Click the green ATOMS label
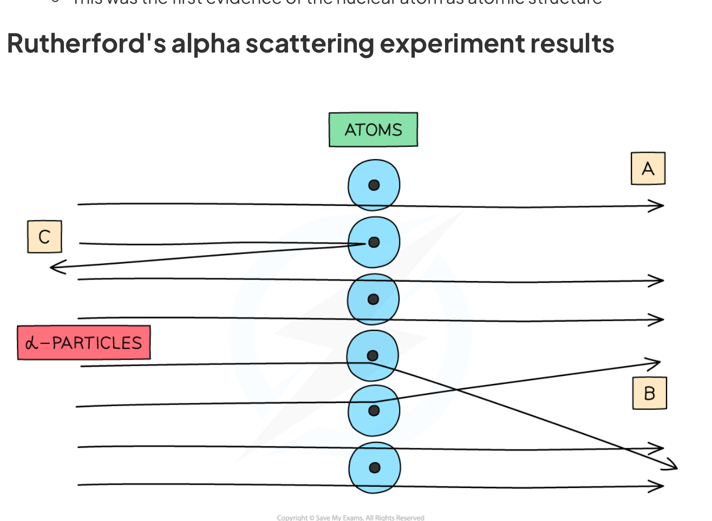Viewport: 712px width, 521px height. pos(373,129)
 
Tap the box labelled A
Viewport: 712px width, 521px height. pos(648,169)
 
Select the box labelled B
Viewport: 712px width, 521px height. pos(649,393)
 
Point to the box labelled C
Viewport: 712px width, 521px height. pos(44,237)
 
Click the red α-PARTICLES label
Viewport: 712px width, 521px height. pos(84,343)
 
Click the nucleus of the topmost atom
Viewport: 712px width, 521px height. pos(374,185)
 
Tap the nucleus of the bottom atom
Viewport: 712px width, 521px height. pos(374,468)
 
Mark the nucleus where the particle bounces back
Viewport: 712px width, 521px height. pos(374,242)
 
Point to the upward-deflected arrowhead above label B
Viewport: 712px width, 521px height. pos(654,363)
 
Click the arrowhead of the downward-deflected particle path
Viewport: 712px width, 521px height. pos(671,466)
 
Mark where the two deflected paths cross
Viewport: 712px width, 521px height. pos(456,389)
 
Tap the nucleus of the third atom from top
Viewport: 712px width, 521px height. pos(373,299)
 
